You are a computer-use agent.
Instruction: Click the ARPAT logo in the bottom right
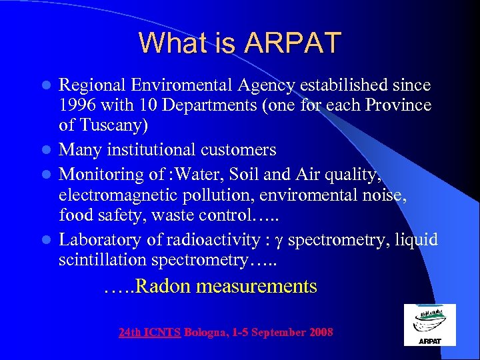point(429,325)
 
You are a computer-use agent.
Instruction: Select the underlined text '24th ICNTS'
point(150,332)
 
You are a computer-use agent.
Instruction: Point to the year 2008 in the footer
point(321,332)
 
